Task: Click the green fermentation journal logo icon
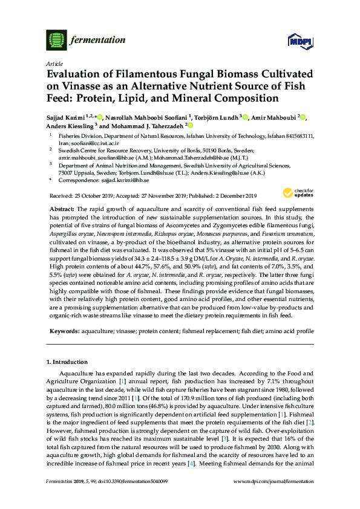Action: pos(56,41)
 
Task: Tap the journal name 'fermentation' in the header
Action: pos(98,41)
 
